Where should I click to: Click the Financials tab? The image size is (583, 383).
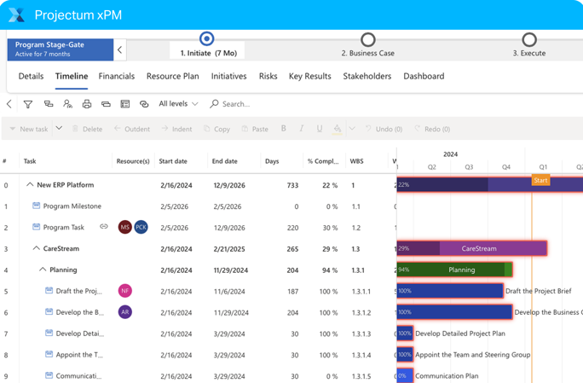point(117,77)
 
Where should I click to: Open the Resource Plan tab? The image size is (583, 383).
point(172,77)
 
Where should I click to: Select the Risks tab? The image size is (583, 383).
point(268,77)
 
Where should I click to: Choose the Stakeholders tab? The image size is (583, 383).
point(367,77)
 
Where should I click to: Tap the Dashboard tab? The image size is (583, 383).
point(424,77)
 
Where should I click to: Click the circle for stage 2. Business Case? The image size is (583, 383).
point(367,39)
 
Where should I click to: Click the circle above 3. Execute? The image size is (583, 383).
point(529,39)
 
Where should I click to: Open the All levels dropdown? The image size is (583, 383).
point(178,104)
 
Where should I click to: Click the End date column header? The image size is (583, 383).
point(224,161)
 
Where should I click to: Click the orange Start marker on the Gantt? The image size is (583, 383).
point(540,180)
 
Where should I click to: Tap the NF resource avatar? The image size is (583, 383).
point(125,291)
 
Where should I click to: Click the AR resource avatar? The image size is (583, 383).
point(125,312)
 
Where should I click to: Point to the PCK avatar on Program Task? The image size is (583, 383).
point(141,227)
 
